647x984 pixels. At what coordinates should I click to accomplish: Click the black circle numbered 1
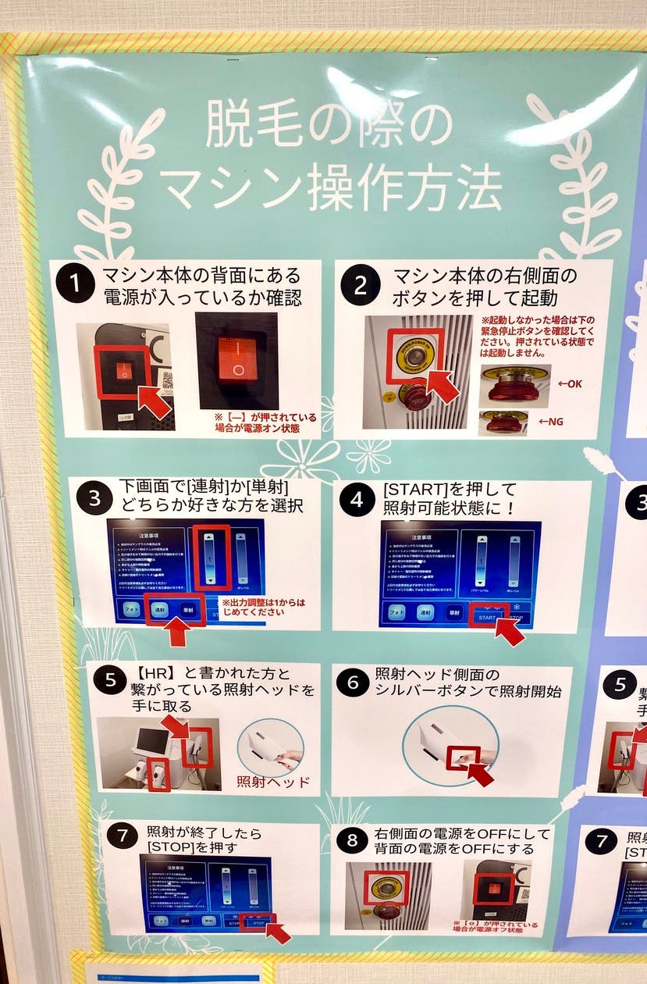click(76, 286)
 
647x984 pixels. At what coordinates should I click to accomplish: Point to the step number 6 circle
click(353, 683)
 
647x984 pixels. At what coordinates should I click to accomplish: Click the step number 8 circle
click(353, 841)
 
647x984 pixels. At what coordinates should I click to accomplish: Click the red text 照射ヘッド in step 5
click(273, 782)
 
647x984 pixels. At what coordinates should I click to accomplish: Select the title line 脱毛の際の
click(328, 127)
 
